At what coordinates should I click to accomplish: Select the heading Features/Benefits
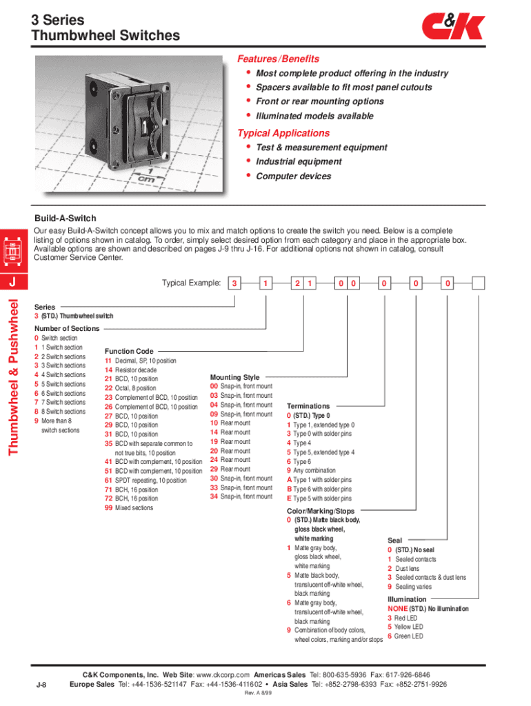coord(278,59)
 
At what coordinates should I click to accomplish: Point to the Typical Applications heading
coord(283,133)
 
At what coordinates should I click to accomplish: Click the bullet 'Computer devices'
coord(293,176)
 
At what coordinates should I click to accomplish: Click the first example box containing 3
coord(235,283)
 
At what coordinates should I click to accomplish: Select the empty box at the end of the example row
coord(478,283)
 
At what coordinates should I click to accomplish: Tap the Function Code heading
coord(129,352)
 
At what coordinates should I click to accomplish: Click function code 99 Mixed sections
coord(129,508)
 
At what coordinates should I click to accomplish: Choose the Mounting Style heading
coord(234,377)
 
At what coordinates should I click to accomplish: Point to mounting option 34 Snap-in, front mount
coord(241,496)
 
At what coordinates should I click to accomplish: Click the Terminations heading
coord(308,407)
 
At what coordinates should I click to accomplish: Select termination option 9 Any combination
coord(312,471)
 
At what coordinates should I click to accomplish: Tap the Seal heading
coord(394,541)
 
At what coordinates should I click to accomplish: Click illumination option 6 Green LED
coord(405,636)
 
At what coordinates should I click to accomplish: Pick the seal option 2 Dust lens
coord(403,569)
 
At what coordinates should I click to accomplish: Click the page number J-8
coord(41,685)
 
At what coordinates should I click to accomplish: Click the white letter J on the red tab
coord(12,283)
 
